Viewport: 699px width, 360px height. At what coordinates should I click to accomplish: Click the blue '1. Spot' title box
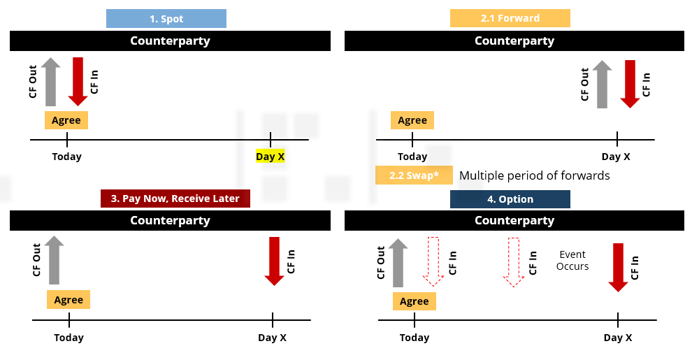166,18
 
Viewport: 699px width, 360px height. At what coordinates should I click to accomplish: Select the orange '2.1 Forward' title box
510,18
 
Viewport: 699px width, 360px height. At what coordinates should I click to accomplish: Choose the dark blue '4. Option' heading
510,199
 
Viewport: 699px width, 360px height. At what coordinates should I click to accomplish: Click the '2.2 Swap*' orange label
414,175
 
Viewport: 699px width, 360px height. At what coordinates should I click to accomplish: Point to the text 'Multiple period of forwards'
534,175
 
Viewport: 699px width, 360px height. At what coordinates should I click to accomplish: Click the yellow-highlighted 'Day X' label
270,157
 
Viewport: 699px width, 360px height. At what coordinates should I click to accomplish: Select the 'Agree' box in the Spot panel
66,120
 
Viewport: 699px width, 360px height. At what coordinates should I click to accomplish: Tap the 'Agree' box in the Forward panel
412,120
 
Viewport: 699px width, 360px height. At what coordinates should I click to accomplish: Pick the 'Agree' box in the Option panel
415,301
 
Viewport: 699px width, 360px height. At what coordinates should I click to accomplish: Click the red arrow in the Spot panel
78,80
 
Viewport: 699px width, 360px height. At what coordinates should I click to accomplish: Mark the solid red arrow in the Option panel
618,267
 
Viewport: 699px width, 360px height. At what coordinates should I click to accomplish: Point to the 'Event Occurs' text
572,260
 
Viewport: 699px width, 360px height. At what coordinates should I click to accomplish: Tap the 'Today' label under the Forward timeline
412,157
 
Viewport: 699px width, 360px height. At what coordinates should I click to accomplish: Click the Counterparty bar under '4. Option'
514,221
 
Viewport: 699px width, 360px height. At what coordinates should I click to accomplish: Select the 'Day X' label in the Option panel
618,338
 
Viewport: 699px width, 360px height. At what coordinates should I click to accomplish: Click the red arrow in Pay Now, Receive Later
274,261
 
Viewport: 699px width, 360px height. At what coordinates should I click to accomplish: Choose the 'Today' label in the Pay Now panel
69,338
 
